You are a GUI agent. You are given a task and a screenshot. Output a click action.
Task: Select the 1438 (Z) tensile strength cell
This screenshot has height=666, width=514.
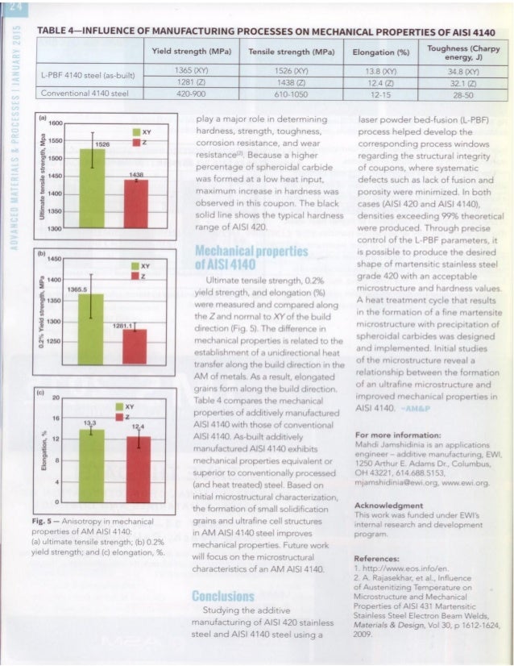(x=278, y=84)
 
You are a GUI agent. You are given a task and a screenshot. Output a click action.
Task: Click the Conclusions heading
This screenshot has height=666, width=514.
(x=223, y=598)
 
